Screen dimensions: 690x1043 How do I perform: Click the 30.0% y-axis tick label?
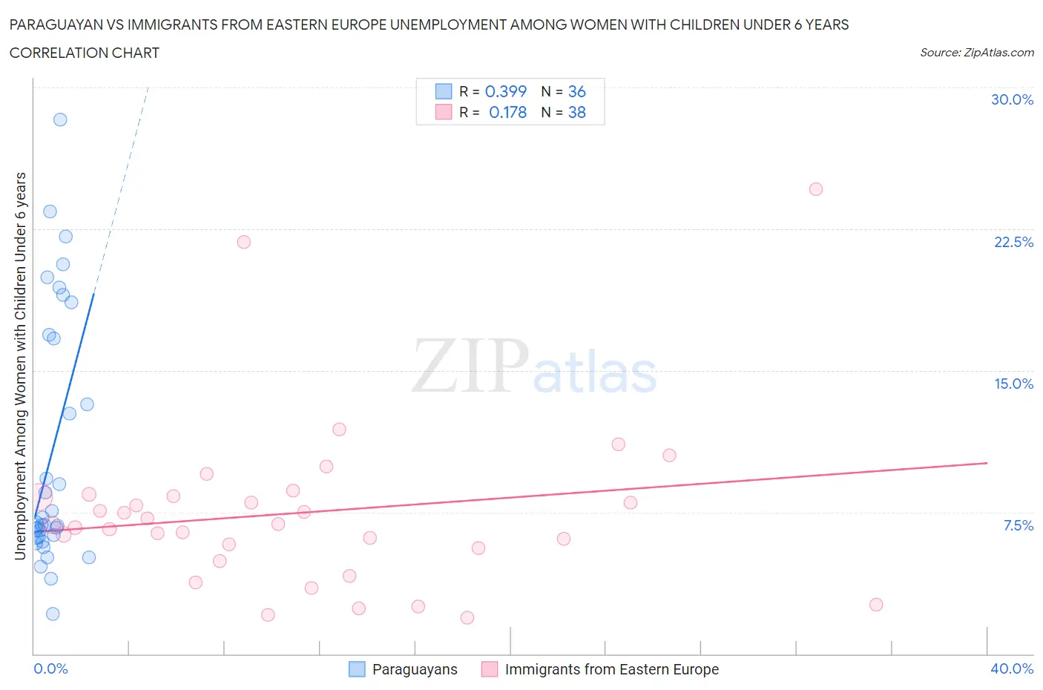(x=1012, y=99)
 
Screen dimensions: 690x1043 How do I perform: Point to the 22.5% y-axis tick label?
(x=1013, y=242)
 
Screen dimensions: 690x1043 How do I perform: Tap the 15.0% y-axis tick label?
(x=1013, y=384)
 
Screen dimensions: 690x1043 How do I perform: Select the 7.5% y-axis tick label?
(x=1018, y=525)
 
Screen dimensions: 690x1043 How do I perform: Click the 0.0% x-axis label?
(x=50, y=668)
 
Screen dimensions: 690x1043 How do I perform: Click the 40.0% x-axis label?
(x=1012, y=668)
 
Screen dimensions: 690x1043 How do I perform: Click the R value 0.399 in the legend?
(x=505, y=91)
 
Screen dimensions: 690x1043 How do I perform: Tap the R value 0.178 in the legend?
(x=507, y=112)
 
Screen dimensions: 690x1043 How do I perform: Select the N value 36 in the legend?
(x=576, y=91)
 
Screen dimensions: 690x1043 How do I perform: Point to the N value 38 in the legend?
(x=576, y=112)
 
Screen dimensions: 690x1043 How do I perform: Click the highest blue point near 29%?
(x=60, y=119)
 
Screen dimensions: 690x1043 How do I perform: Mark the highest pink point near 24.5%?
(x=816, y=189)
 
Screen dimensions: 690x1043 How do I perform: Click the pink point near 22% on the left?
(x=244, y=242)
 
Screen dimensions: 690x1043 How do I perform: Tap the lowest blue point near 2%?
(x=53, y=614)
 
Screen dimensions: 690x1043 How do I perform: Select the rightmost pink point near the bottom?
(x=876, y=605)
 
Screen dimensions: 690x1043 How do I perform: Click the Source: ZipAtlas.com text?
(x=976, y=52)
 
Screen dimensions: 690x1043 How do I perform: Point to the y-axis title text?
(x=21, y=366)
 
